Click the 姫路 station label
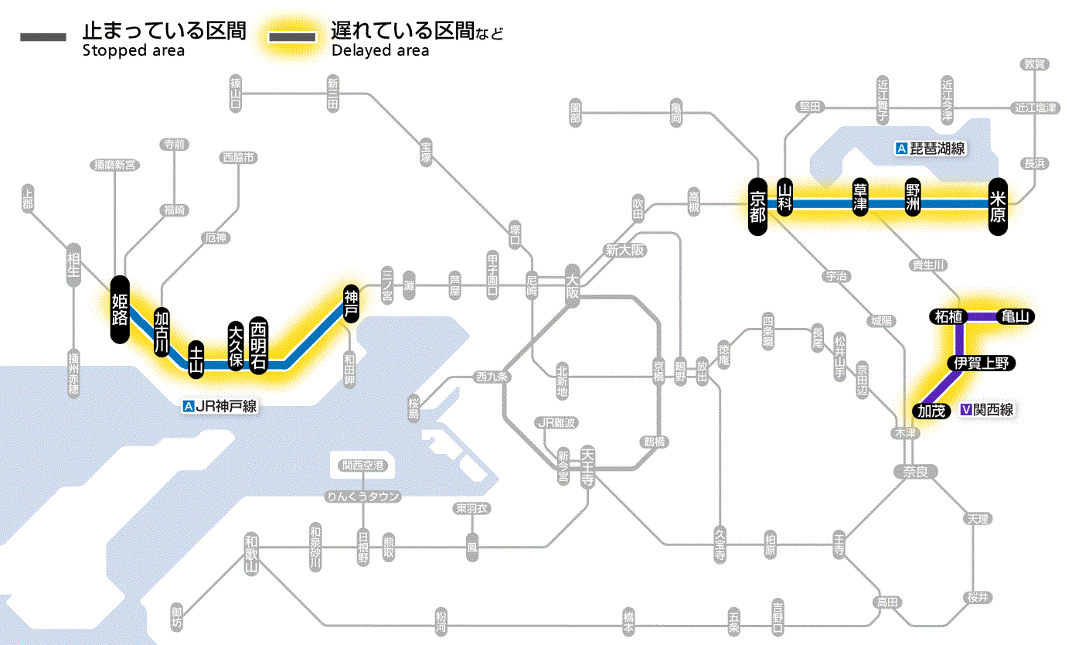(x=120, y=309)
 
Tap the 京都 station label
(x=757, y=204)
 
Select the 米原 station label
(x=999, y=204)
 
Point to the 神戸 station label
(x=351, y=304)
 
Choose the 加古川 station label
(x=162, y=332)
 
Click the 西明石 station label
(x=258, y=345)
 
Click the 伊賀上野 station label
(x=981, y=363)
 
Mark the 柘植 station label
(x=948, y=316)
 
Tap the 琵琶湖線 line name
(x=937, y=148)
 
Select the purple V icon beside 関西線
(x=965, y=411)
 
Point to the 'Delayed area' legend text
(x=379, y=51)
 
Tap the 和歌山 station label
(x=250, y=554)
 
